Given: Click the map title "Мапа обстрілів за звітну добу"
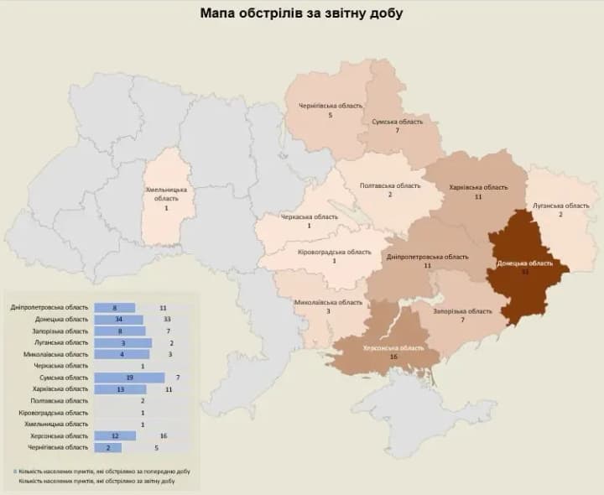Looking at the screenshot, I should point(301,13).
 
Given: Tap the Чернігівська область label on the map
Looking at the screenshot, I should point(331,106).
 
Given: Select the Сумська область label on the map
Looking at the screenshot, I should point(398,122).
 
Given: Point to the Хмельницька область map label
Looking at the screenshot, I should point(167,195).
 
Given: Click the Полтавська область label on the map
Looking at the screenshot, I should point(390,185).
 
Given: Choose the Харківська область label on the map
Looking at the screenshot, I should point(478,187).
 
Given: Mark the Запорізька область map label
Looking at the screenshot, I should point(463,311).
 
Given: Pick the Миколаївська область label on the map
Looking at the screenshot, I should point(328,302).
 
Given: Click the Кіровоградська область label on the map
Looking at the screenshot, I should point(334,251).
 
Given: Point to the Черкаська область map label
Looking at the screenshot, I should point(309,216).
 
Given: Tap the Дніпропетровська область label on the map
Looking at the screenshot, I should point(428,256).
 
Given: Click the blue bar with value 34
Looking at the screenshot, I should point(118,320).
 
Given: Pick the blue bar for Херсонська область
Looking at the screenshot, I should point(115,435).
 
